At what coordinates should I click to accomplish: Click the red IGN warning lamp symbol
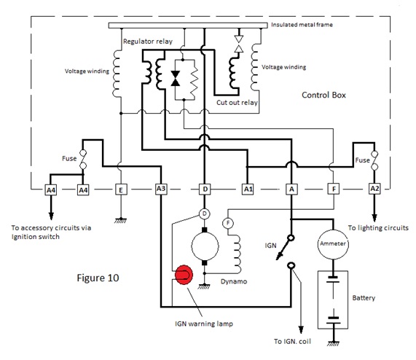184,275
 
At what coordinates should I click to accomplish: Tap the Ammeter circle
333,244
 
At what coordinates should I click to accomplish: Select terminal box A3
161,189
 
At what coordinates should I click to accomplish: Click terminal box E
121,190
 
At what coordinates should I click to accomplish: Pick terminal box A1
248,189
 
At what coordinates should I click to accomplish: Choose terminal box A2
374,189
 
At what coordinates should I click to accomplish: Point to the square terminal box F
334,189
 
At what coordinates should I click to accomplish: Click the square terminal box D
205,189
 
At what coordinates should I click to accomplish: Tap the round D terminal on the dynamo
204,214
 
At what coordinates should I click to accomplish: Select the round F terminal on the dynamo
227,224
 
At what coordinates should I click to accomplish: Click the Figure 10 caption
98,278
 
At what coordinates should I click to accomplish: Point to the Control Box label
323,95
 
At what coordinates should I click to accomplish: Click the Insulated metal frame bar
188,26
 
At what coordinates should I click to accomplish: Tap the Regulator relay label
148,42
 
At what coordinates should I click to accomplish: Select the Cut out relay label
237,103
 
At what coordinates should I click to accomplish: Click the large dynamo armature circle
205,246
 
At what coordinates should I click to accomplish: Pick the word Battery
364,298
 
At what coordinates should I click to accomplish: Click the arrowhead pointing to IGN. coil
301,329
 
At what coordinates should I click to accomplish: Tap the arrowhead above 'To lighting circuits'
374,218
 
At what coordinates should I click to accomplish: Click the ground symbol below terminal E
121,221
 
